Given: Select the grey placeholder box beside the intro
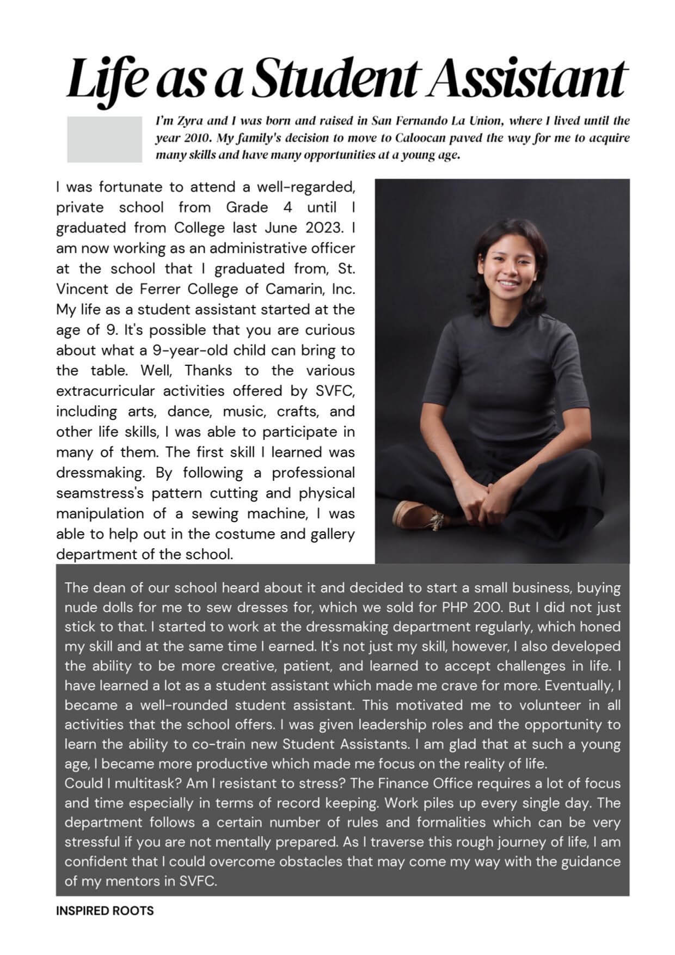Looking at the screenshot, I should (104, 139).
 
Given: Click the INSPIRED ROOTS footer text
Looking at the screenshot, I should (105, 911).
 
